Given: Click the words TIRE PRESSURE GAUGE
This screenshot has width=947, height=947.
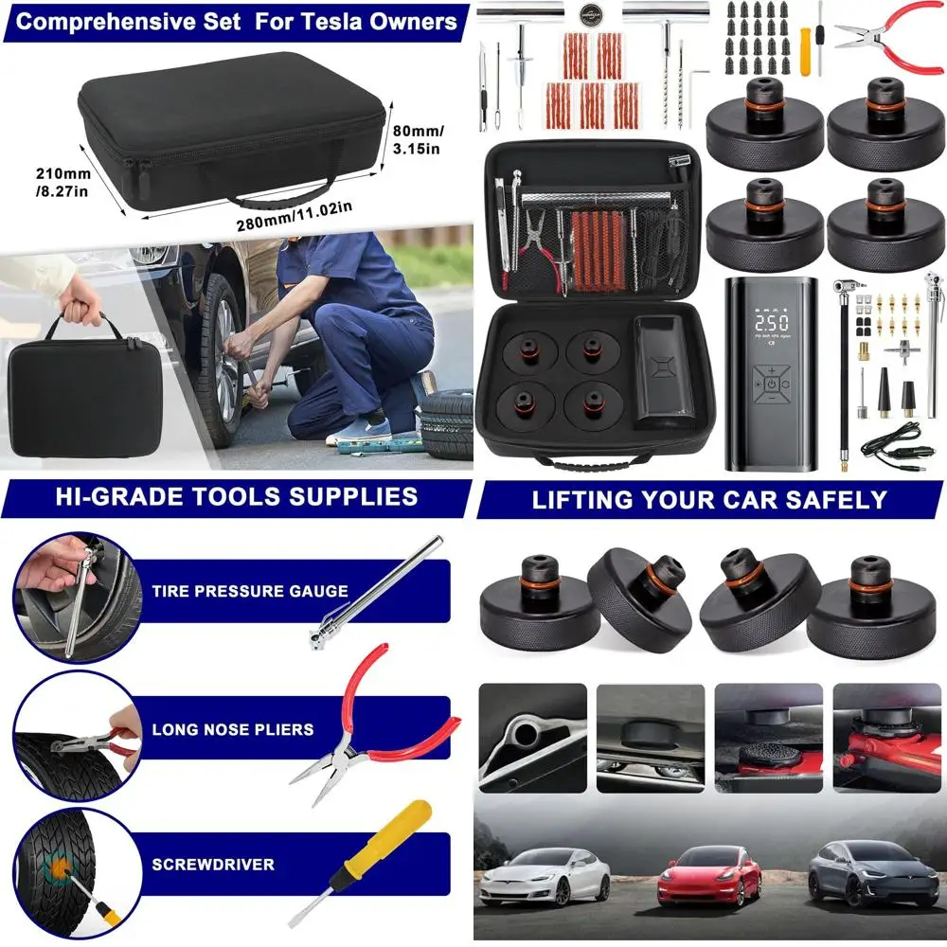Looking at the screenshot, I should click(250, 592).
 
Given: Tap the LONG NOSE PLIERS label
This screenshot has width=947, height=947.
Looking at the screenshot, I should click(233, 730).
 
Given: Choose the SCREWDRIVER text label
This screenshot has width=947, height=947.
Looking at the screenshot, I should click(213, 865).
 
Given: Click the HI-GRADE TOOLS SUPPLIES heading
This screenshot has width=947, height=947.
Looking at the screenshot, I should click(236, 496).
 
